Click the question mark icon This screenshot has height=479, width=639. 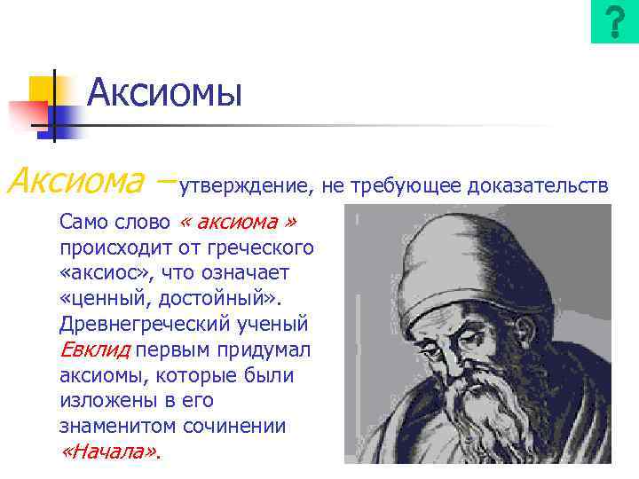click(614, 22)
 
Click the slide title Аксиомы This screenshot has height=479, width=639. click(165, 91)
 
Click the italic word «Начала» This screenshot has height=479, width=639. click(111, 452)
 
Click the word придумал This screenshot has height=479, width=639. click(267, 349)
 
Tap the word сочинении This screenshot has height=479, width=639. click(234, 426)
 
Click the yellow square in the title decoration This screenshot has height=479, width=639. click(42, 89)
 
